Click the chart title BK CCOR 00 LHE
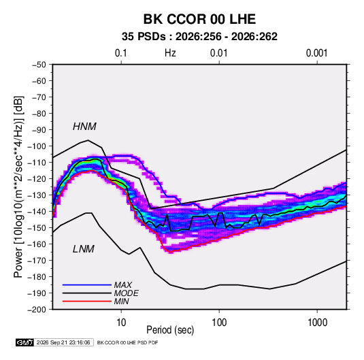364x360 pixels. coord(199,19)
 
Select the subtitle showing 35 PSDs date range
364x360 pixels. coord(199,37)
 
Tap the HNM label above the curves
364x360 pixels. coord(84,127)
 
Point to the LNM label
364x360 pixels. coord(84,249)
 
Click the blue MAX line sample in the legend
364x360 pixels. coord(87,285)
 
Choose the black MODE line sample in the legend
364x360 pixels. coord(87,293)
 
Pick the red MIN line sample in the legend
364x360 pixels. coord(87,301)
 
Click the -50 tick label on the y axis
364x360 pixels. coord(39,65)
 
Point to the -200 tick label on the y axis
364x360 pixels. coord(37,310)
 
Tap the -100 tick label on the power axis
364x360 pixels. coord(37,146)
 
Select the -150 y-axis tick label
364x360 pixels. coord(37,228)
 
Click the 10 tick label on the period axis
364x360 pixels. coord(121,323)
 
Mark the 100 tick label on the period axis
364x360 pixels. coord(219,323)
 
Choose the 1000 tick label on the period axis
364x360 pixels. coord(317,323)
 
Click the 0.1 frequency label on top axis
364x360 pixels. coord(121,53)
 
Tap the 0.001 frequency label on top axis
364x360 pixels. coord(317,53)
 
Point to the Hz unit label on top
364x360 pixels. coord(170,53)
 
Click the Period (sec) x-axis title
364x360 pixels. coord(170,330)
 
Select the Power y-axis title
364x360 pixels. coord(18,186)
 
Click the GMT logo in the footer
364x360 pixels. coord(25,342)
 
